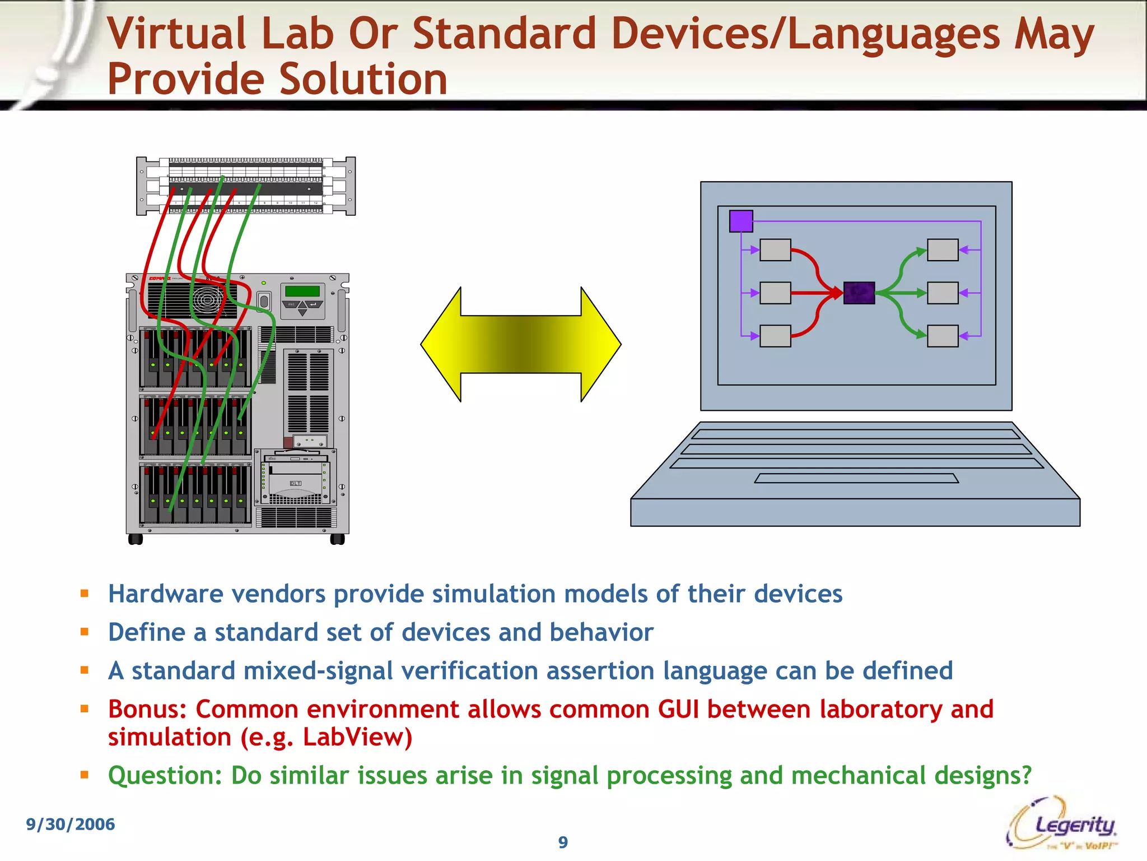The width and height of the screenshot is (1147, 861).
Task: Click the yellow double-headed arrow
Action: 521,344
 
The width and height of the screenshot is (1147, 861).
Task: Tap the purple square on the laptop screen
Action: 741,221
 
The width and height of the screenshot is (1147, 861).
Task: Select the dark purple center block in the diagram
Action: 859,293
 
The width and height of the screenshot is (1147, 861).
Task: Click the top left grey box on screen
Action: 775,250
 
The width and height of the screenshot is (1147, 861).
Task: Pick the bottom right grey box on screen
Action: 943,336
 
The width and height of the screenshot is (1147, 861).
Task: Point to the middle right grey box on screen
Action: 943,293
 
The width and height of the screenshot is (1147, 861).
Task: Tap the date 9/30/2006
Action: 71,824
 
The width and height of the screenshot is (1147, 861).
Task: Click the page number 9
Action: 563,842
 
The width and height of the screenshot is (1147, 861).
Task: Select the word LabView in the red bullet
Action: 357,737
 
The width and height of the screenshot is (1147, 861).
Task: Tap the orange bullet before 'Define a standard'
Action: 85,632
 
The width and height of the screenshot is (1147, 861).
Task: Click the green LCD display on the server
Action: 302,291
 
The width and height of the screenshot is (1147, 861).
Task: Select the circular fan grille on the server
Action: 207,300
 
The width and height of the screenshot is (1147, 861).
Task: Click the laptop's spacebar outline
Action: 856,478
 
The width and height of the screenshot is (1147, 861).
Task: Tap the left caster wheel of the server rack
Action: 136,539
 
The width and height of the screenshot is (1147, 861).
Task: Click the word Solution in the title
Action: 363,79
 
